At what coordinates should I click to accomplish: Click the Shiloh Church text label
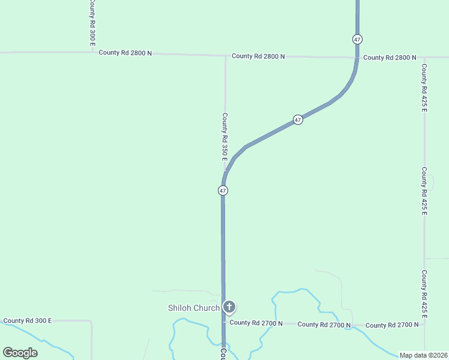tap(193, 308)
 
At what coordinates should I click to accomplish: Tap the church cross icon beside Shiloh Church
tap(229, 307)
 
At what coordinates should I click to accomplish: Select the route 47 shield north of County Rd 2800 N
tap(357, 39)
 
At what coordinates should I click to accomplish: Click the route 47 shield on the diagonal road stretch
tap(298, 120)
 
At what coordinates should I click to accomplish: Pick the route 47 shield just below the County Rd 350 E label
tap(223, 190)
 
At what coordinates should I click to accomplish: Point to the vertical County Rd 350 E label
tap(224, 137)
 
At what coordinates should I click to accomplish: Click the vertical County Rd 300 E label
tap(92, 17)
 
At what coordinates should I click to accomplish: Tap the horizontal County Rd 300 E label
tap(28, 321)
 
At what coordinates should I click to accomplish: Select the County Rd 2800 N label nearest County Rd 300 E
tap(125, 53)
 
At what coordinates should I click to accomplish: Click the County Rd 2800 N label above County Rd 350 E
tap(258, 56)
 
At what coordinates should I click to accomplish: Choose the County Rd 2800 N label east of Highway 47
tap(390, 58)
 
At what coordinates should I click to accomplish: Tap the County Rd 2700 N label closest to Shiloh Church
tap(256, 323)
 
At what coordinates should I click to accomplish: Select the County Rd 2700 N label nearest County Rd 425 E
tap(392, 325)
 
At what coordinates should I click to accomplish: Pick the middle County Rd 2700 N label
tap(324, 325)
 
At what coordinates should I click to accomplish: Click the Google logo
tap(20, 353)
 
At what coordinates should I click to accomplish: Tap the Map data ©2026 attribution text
tap(423, 355)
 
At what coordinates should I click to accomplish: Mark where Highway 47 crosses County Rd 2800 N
tap(357, 58)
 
